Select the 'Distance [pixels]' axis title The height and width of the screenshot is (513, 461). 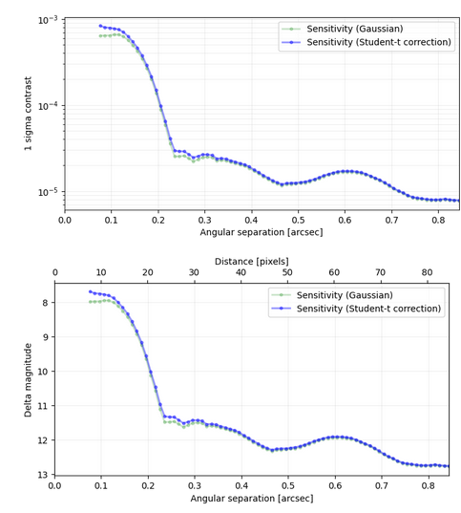click(x=251, y=260)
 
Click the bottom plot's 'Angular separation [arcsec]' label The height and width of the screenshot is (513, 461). click(x=251, y=499)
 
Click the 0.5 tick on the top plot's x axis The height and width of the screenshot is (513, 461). click(x=298, y=219)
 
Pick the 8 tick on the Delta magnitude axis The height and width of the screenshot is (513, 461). click(x=43, y=303)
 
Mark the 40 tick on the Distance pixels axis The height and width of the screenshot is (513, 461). click(x=241, y=271)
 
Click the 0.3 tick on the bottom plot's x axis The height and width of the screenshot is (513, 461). click(x=195, y=485)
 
